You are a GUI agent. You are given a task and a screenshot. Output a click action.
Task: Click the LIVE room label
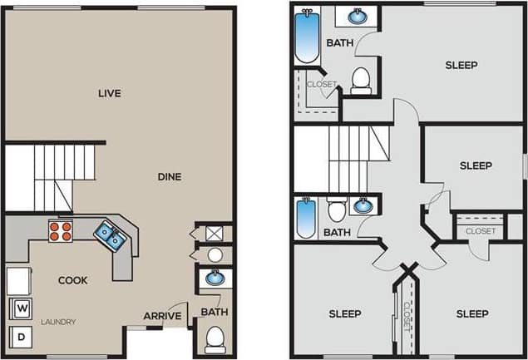(x=109, y=93)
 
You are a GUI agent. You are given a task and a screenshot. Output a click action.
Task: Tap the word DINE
(x=170, y=176)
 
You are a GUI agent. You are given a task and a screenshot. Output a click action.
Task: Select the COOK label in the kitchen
(x=72, y=280)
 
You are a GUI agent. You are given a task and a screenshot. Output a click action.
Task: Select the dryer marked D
(x=19, y=338)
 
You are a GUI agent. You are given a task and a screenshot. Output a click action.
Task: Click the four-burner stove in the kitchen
(x=60, y=230)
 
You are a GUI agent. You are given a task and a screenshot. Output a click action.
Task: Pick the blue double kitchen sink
(x=110, y=236)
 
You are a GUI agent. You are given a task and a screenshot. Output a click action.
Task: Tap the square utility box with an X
(x=215, y=234)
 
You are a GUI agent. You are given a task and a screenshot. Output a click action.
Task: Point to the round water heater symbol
(x=215, y=255)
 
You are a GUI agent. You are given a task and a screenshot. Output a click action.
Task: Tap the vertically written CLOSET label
(x=407, y=316)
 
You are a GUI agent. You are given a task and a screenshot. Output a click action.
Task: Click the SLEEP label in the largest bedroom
(x=461, y=65)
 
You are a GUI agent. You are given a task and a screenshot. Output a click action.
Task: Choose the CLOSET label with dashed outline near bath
(x=321, y=85)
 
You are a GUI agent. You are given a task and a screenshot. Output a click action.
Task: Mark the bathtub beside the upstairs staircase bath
(x=306, y=219)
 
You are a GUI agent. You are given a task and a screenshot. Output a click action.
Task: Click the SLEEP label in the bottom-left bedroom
(x=344, y=313)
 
